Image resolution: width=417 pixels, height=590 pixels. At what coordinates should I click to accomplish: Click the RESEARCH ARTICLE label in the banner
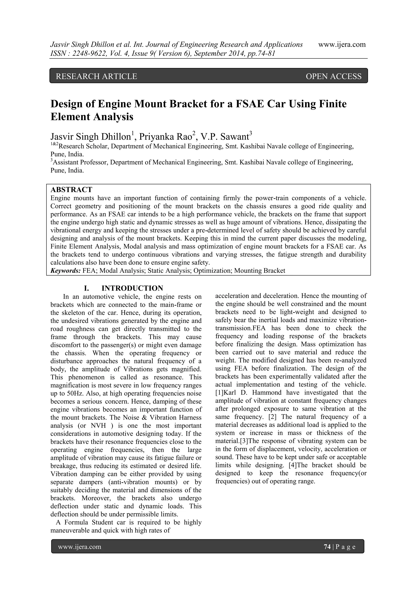[x=97, y=76]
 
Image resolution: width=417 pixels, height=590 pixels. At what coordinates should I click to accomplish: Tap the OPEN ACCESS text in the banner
[x=334, y=76]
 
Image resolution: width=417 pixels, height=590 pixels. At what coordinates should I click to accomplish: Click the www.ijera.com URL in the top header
[x=342, y=45]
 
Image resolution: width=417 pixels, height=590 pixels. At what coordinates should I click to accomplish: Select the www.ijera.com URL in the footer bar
[x=80, y=547]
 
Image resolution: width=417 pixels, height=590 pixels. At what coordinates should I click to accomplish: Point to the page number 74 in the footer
[x=327, y=547]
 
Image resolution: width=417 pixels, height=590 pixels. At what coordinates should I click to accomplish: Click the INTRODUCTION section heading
[x=132, y=288]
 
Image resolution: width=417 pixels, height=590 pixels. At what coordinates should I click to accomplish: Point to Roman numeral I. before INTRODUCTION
[x=86, y=288]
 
